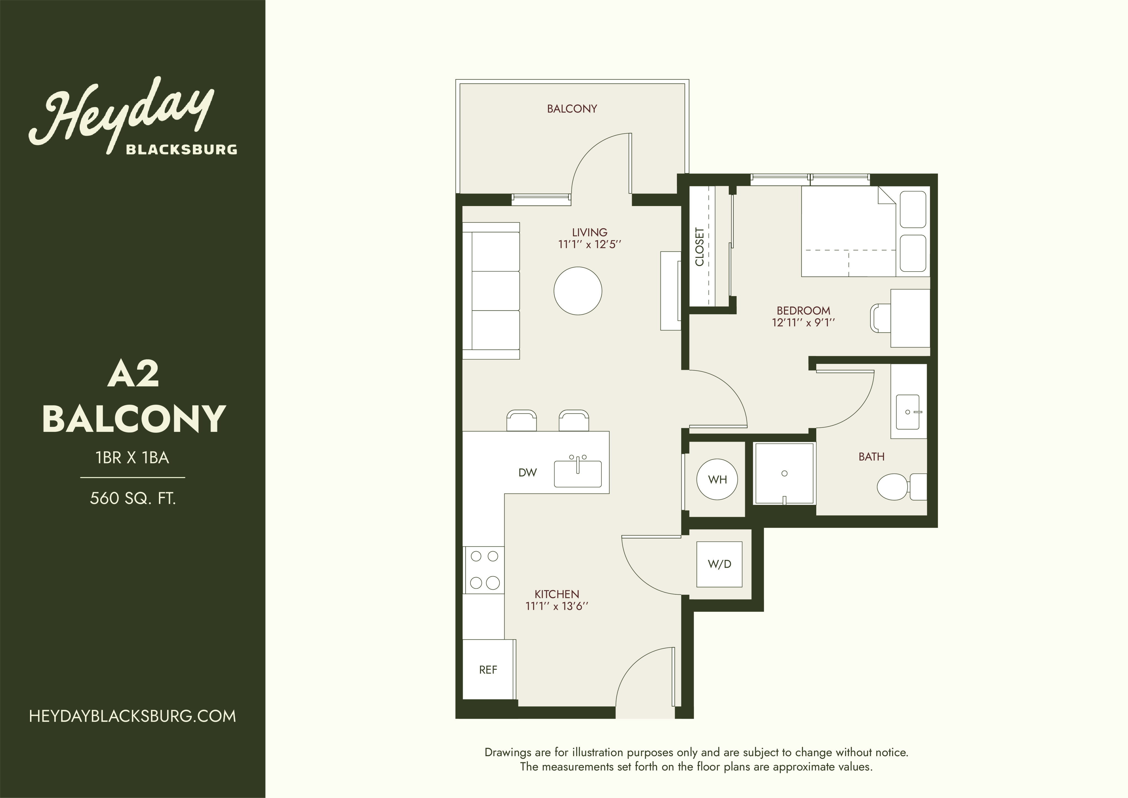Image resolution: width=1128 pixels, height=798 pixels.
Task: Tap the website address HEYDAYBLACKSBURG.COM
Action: click(x=133, y=716)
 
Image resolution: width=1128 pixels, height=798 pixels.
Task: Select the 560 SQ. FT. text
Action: click(x=133, y=499)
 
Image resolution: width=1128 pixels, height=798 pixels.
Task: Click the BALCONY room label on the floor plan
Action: click(x=572, y=109)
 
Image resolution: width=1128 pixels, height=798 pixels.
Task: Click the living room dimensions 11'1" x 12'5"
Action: click(x=590, y=244)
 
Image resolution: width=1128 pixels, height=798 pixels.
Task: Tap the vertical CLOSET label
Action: click(x=699, y=247)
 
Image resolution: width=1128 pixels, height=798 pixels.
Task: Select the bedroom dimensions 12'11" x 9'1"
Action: click(x=804, y=322)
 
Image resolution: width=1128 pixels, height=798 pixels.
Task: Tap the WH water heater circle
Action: click(x=717, y=479)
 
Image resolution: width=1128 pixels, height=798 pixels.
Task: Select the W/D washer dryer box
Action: click(x=719, y=564)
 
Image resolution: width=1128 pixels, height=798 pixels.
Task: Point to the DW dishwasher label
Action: click(x=528, y=473)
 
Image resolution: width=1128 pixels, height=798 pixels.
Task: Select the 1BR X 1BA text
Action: click(x=133, y=458)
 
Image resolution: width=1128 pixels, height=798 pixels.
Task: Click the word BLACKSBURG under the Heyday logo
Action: click(x=182, y=149)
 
